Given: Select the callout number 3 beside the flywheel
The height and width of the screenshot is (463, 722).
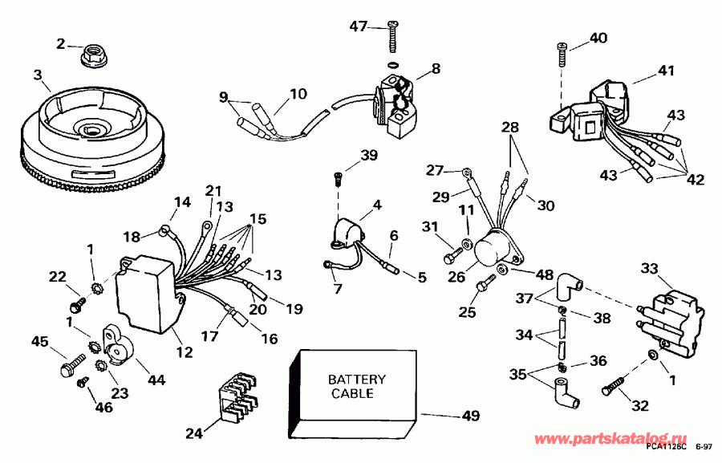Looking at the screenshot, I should point(38,75).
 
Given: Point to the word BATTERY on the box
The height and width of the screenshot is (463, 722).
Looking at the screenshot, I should point(357,379).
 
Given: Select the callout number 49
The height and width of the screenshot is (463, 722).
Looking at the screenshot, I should point(471,416).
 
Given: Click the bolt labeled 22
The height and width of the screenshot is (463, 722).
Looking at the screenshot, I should point(78,306).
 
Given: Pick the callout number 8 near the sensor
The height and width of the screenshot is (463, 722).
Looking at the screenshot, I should point(436,69).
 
